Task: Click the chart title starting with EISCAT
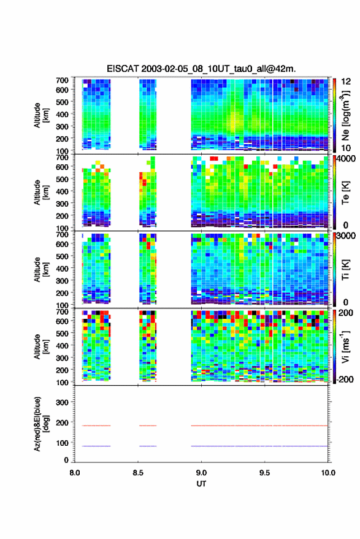click(201, 69)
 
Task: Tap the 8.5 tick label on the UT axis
click(138, 473)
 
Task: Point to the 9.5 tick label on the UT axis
click(265, 473)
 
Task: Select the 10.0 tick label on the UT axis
click(328, 473)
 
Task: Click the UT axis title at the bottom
click(202, 484)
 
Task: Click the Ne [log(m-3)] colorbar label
click(345, 115)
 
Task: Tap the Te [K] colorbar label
click(345, 193)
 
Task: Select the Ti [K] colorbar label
click(345, 270)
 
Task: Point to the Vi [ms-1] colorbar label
click(345, 346)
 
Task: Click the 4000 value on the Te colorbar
click(346, 159)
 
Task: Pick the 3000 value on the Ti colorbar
click(346, 236)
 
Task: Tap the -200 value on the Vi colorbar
click(345, 380)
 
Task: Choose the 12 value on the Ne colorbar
click(346, 82)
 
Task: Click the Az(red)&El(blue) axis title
click(41, 424)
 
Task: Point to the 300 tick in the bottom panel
click(62, 402)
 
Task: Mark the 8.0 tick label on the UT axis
click(75, 473)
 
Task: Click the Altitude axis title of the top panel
click(41, 115)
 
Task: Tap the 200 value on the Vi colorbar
click(346, 313)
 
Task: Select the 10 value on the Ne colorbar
click(346, 148)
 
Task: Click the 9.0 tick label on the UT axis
click(202, 473)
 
